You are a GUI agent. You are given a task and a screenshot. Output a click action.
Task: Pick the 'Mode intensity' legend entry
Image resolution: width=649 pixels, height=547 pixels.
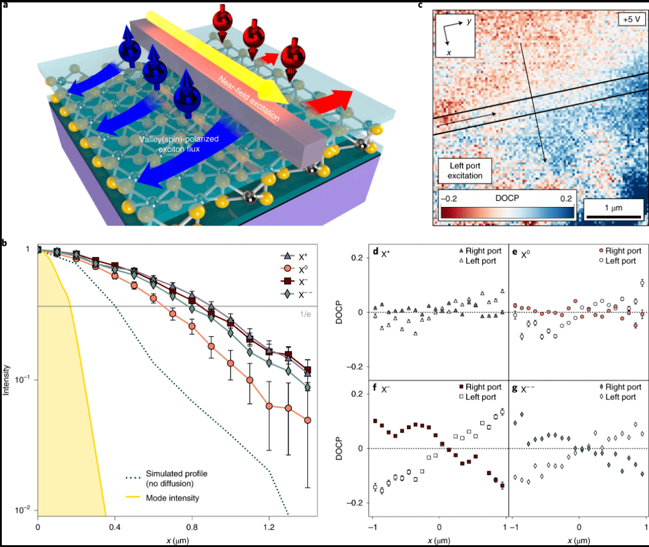click(171, 498)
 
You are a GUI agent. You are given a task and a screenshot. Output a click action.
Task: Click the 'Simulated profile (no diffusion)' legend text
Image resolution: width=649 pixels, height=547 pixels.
click(175, 477)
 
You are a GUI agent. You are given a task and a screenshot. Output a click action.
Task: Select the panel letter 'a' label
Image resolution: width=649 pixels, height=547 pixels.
click(4, 5)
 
